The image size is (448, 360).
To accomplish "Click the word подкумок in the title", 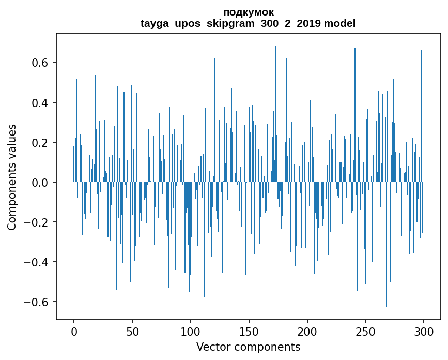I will pos(248,12).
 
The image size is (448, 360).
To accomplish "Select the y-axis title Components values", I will pos(12,177).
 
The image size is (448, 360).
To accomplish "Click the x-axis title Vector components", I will pos(248,347).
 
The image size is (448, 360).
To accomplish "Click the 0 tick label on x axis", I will pos(74,331).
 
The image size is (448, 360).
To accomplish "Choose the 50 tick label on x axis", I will pos(132,331).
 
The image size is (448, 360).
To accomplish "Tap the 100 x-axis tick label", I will pos(191,331).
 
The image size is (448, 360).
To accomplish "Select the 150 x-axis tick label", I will pos(249,331).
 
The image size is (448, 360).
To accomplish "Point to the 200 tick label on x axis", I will pos(307,331).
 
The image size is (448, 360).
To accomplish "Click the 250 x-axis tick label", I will pos(365,331).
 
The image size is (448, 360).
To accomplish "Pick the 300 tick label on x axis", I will pos(424,331).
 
